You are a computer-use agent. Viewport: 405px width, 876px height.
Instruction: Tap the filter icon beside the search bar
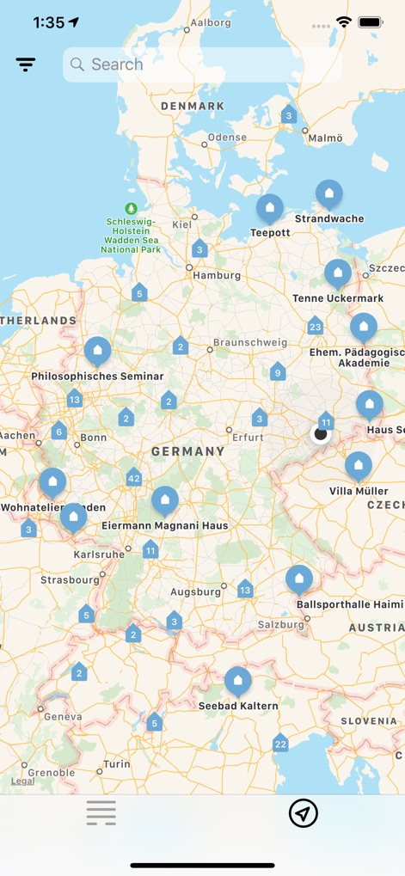[26, 64]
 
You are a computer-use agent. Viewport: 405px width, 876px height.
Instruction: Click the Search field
[202, 64]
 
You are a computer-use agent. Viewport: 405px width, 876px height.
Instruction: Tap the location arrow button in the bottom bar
[304, 812]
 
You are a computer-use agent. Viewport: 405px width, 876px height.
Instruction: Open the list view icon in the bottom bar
[101, 812]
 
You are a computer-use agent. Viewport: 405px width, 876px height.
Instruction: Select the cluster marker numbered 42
[133, 478]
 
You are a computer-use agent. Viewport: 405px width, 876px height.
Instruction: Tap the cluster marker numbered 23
[315, 327]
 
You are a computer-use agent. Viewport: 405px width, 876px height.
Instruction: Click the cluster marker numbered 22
[280, 744]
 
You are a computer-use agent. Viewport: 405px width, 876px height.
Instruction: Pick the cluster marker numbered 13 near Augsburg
[245, 589]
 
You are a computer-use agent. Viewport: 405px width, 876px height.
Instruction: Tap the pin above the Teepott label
[270, 208]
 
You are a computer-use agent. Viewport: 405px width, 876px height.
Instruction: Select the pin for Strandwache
[328, 194]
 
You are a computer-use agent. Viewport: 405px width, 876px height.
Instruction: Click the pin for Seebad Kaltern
[238, 681]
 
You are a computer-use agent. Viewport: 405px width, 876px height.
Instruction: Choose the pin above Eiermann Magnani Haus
[164, 500]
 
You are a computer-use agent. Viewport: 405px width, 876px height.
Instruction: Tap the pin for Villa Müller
[359, 467]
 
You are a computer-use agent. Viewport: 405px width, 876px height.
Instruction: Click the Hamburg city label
[217, 276]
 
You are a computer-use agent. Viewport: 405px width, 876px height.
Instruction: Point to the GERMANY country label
[187, 451]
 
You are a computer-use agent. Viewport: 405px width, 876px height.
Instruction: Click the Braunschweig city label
[250, 342]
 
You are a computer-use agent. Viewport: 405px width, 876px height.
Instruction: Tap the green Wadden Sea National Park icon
[131, 208]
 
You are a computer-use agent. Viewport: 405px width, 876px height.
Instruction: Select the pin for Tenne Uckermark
[337, 274]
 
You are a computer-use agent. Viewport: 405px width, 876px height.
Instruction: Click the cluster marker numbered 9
[277, 372]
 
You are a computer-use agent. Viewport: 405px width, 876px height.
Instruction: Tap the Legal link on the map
[23, 781]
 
